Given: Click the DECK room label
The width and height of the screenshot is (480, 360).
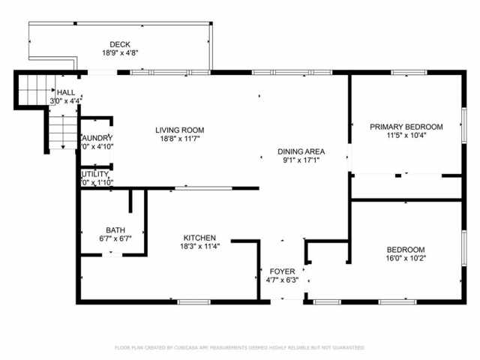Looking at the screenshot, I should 119,44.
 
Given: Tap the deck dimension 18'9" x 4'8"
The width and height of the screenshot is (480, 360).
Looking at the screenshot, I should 119,53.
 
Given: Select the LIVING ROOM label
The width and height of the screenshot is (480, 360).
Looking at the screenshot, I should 179,130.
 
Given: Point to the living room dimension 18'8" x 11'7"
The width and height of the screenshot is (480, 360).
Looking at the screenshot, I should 179,139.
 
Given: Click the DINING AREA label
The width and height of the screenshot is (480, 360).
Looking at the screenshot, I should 300,151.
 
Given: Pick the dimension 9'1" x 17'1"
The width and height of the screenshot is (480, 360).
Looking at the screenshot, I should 300,160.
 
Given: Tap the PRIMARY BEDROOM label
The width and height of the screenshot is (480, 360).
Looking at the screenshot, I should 405,127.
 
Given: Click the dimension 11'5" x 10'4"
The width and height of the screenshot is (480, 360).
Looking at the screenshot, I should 405,136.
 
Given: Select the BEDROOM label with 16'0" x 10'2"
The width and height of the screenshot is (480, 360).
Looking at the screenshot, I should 406,250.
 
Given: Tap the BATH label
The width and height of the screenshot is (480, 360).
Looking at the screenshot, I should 115,230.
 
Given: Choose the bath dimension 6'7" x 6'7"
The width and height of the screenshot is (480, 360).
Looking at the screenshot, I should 115,239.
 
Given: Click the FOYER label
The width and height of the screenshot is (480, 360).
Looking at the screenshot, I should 282,271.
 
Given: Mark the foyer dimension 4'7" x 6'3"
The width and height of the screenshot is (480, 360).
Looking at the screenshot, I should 282,280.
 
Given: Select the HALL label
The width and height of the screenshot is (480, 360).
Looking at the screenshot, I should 65,91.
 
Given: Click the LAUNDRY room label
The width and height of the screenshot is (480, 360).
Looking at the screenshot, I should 97,138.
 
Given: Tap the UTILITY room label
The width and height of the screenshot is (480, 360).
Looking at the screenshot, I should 95,174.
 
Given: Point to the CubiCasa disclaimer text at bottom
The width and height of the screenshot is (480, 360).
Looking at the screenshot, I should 239,348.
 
